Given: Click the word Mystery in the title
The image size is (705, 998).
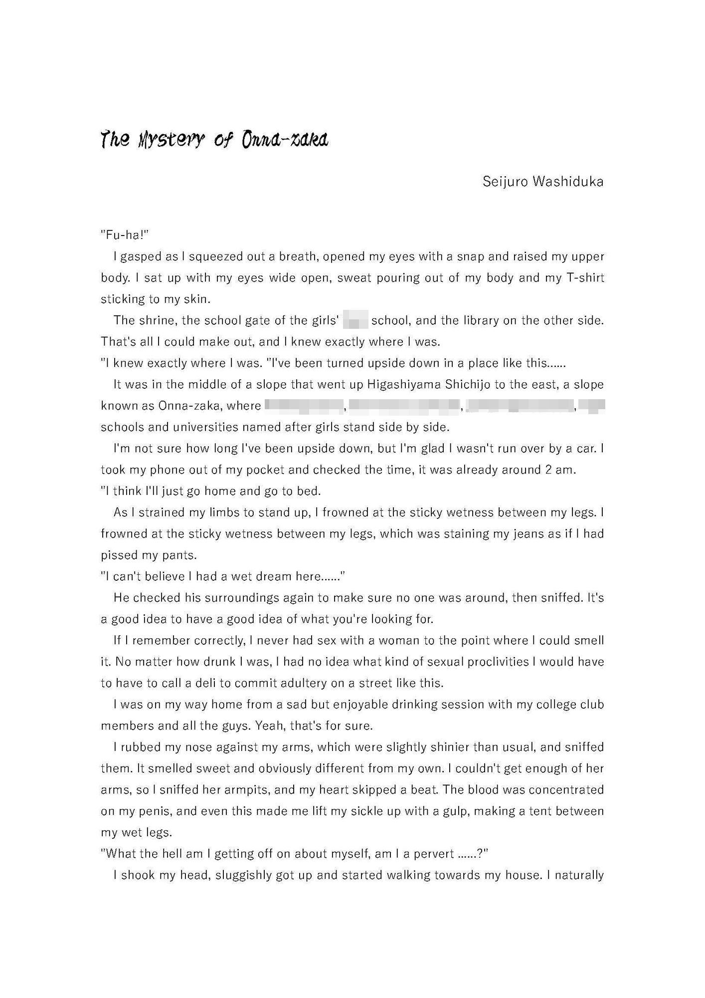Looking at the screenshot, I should point(170,140).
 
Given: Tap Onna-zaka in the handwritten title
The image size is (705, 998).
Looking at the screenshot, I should point(285,140).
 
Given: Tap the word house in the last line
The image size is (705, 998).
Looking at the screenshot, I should point(522,875).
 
